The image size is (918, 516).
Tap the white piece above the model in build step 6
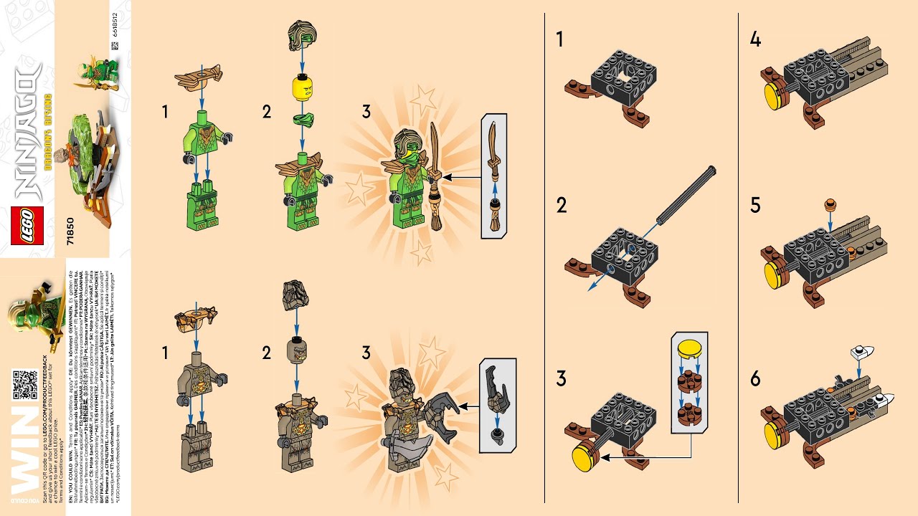(863, 353)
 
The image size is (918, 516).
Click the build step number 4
(755, 39)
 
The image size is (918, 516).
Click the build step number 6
(755, 378)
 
